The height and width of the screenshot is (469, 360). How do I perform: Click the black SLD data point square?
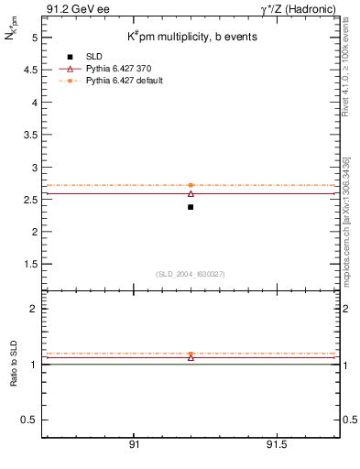click(x=191, y=207)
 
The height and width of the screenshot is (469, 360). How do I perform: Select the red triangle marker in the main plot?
click(x=191, y=193)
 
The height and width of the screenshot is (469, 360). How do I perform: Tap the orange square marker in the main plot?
click(x=191, y=185)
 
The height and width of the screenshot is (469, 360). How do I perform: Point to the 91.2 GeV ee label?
click(x=73, y=9)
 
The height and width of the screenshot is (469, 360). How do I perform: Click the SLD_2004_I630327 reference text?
click(x=190, y=274)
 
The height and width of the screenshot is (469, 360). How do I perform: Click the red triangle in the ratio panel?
click(x=191, y=357)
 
